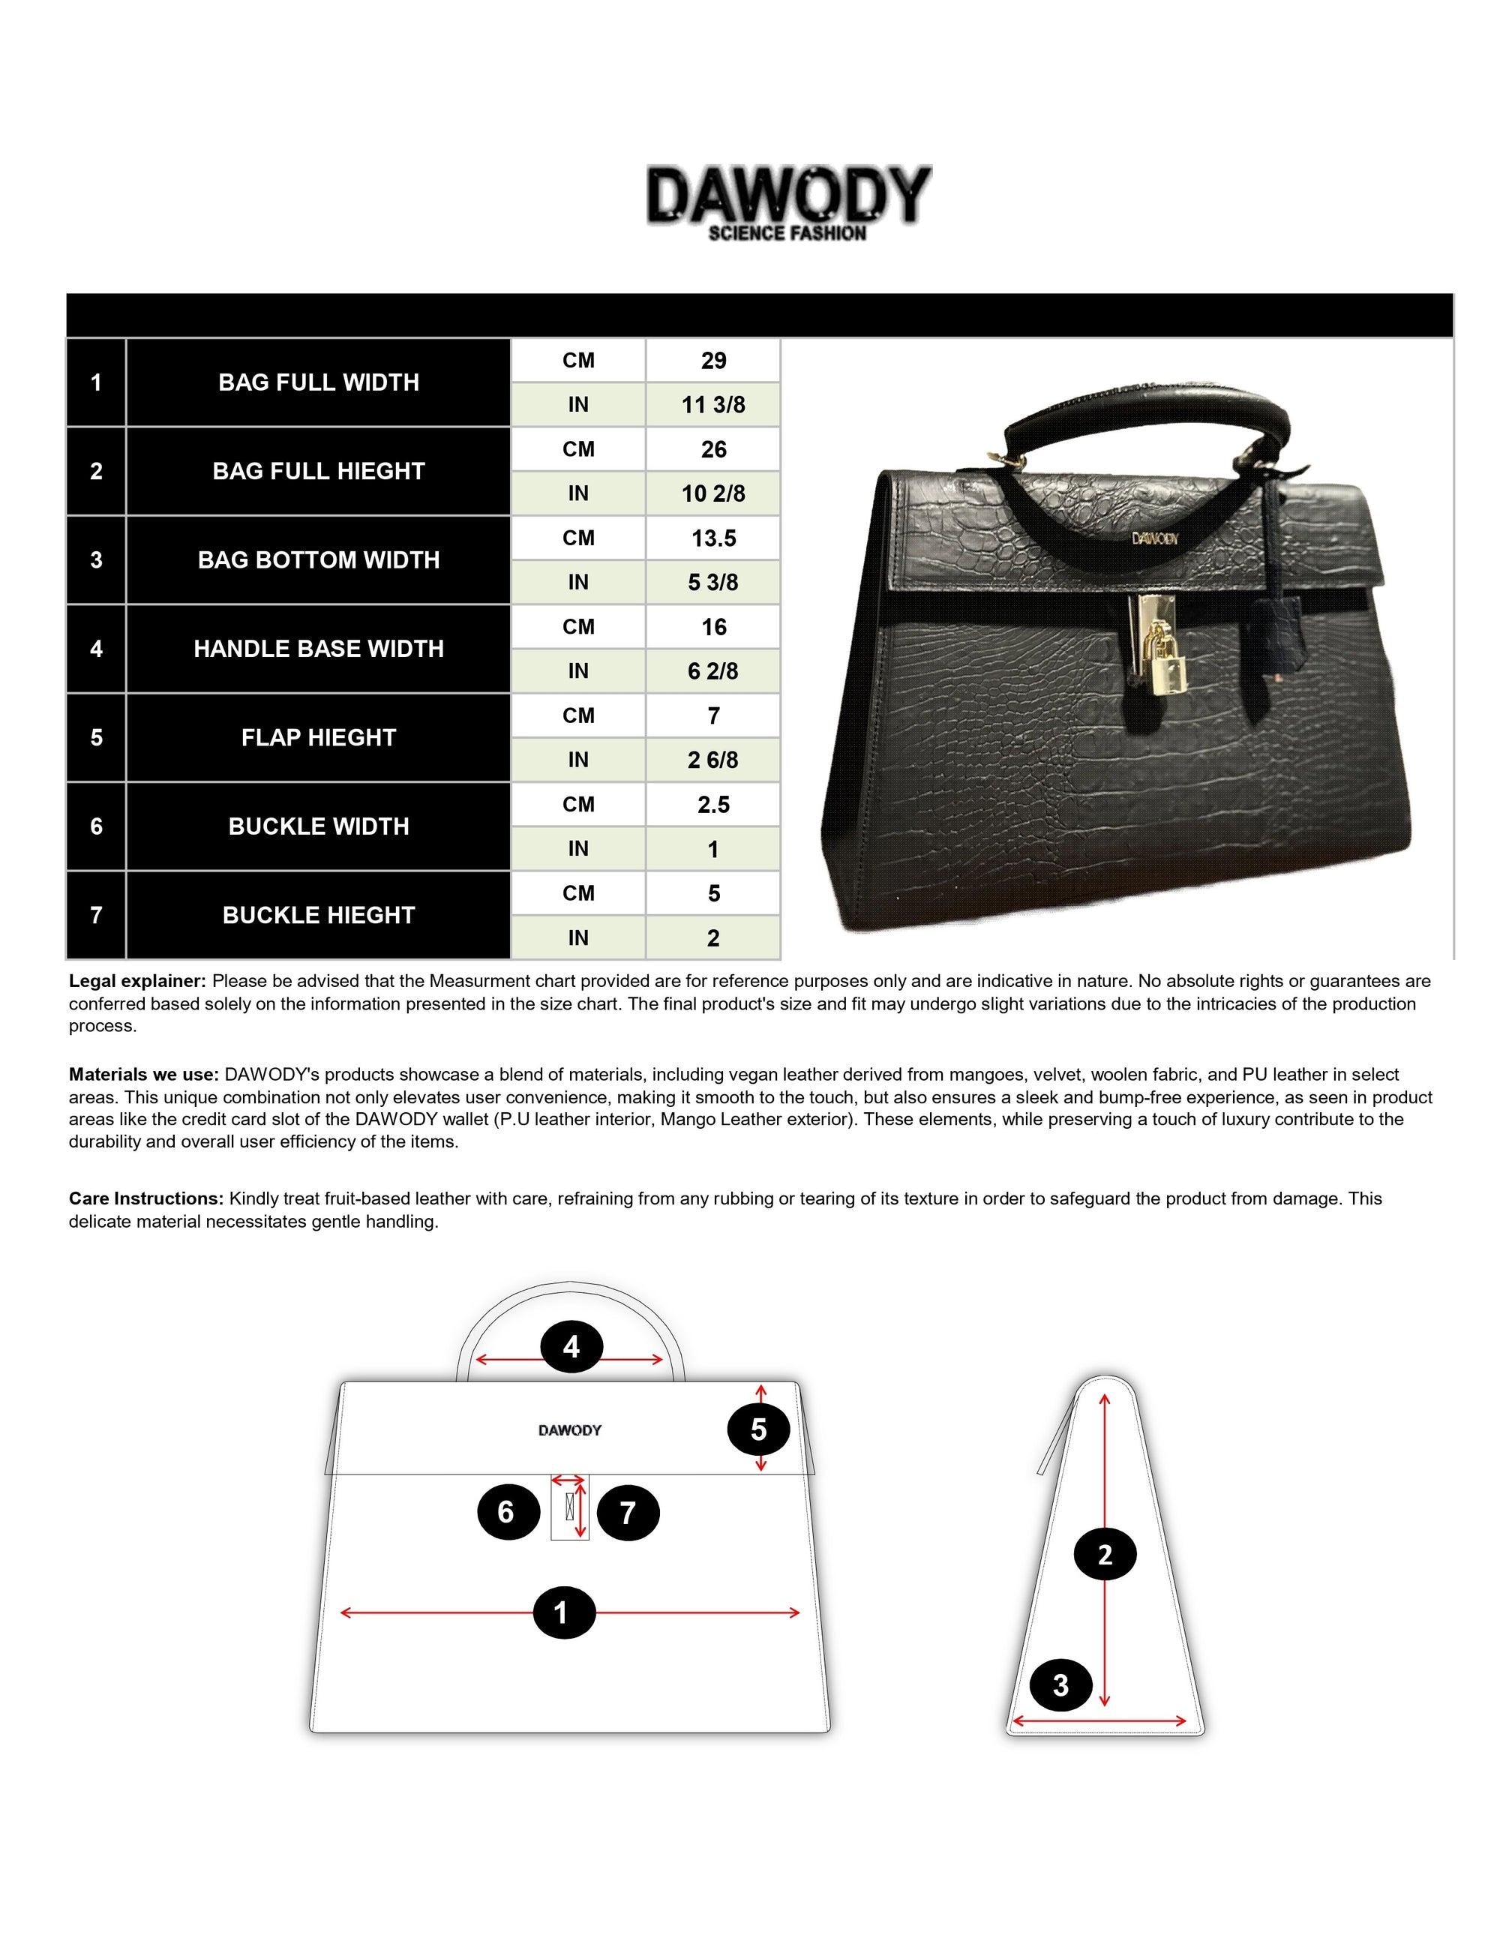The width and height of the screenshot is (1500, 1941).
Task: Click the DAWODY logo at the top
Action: click(x=787, y=202)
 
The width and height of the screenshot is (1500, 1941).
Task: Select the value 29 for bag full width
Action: click(x=712, y=361)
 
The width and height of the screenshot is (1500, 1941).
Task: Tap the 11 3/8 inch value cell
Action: click(x=712, y=405)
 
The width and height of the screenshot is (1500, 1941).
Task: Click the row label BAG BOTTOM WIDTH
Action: click(x=318, y=560)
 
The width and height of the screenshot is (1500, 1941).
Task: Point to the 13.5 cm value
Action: click(x=712, y=538)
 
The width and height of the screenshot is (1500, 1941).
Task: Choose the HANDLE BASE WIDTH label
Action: click(x=318, y=649)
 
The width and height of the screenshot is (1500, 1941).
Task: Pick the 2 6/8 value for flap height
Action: click(x=712, y=760)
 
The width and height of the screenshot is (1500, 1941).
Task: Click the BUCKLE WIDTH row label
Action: click(x=318, y=826)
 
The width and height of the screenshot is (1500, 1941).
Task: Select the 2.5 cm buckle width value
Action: click(x=712, y=805)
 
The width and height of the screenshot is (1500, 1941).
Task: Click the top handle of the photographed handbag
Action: click(x=1146, y=414)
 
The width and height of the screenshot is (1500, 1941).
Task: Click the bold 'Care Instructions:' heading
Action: click(x=145, y=1199)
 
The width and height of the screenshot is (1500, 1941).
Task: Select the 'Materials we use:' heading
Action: click(x=143, y=1075)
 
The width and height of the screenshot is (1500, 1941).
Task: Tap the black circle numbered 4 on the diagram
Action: click(x=571, y=1347)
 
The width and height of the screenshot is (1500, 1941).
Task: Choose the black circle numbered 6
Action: click(x=508, y=1512)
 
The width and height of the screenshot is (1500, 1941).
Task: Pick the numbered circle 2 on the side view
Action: click(x=1105, y=1555)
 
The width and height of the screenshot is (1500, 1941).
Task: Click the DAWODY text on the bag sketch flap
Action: click(x=569, y=1430)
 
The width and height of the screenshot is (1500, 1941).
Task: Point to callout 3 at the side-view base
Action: click(x=1060, y=1685)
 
